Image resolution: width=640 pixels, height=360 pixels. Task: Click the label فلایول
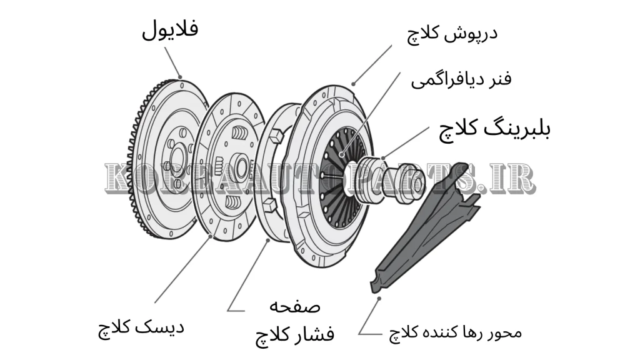[169, 29]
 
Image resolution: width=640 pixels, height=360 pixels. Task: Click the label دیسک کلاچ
[141, 326]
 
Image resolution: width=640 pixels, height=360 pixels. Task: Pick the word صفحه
[294, 306]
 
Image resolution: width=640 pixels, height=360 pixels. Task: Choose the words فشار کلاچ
[294, 334]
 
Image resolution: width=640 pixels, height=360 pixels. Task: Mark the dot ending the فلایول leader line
[181, 77]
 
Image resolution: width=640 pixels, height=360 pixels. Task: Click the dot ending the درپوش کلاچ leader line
[352, 82]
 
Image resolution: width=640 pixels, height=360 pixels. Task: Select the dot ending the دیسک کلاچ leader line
[210, 237]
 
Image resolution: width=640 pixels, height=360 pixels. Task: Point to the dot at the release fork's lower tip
[379, 299]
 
